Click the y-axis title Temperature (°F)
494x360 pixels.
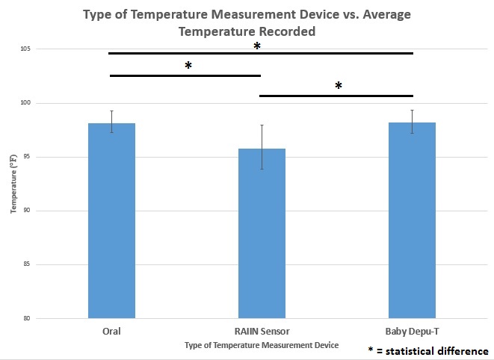13,184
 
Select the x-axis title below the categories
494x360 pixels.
261,345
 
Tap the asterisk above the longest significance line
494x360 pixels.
257,47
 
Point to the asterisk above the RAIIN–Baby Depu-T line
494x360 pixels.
339,87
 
